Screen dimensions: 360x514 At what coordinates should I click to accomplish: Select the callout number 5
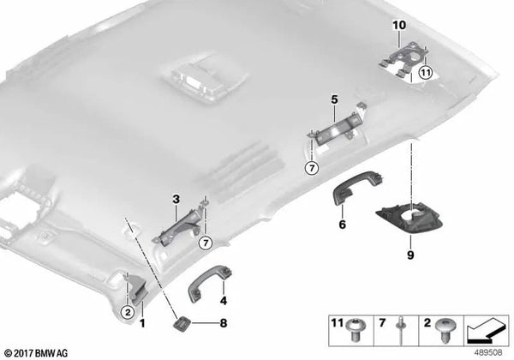pos(335,100)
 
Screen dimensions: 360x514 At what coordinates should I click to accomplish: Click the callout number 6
pos(342,225)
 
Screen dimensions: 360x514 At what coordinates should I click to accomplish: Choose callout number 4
pos(223,300)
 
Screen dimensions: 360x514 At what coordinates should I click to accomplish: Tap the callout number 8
pos(224,323)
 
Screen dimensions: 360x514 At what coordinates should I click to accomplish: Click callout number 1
pos(142,322)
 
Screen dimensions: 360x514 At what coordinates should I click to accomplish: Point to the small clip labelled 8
pos(182,323)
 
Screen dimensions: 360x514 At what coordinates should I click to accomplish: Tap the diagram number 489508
pos(487,350)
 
